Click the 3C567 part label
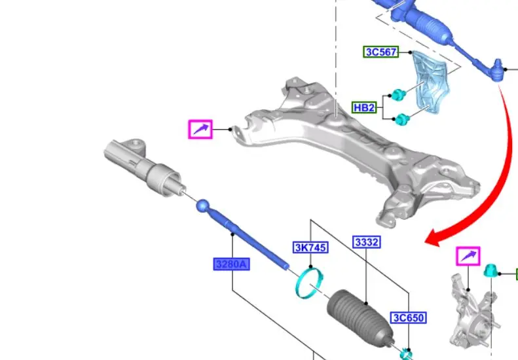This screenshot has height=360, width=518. pyautogui.click(x=381, y=52)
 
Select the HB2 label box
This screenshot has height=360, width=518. pyautogui.click(x=364, y=107)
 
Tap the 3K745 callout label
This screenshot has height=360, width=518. pyautogui.click(x=310, y=247)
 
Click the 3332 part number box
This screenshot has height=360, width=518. pyautogui.click(x=367, y=242)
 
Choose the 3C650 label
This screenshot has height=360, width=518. pyautogui.click(x=409, y=317)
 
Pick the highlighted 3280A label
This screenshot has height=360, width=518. pyautogui.click(x=231, y=264)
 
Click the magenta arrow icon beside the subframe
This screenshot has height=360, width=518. pyautogui.click(x=200, y=129)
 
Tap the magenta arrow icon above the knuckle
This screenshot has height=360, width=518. pyautogui.click(x=468, y=256)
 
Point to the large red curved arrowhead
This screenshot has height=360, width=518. pyautogui.click(x=434, y=238)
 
